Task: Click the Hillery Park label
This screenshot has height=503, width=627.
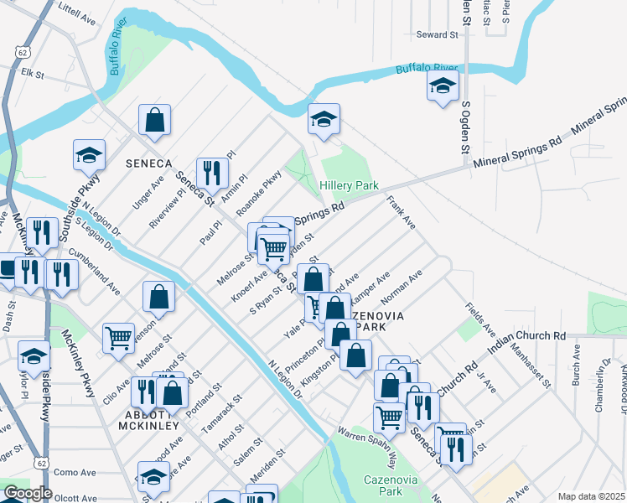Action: tap(349, 185)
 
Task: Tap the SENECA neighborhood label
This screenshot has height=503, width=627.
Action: tap(148, 162)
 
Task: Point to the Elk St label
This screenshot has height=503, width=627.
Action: tap(32, 74)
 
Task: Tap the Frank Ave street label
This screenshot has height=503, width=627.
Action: tap(401, 213)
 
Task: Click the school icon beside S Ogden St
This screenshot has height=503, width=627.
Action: tap(443, 85)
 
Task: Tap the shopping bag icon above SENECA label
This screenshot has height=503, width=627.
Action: tap(155, 119)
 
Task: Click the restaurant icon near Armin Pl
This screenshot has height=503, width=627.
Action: tap(212, 173)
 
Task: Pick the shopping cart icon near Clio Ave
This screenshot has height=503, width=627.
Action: tap(118, 338)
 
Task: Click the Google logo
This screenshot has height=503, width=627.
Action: tap(27, 493)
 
